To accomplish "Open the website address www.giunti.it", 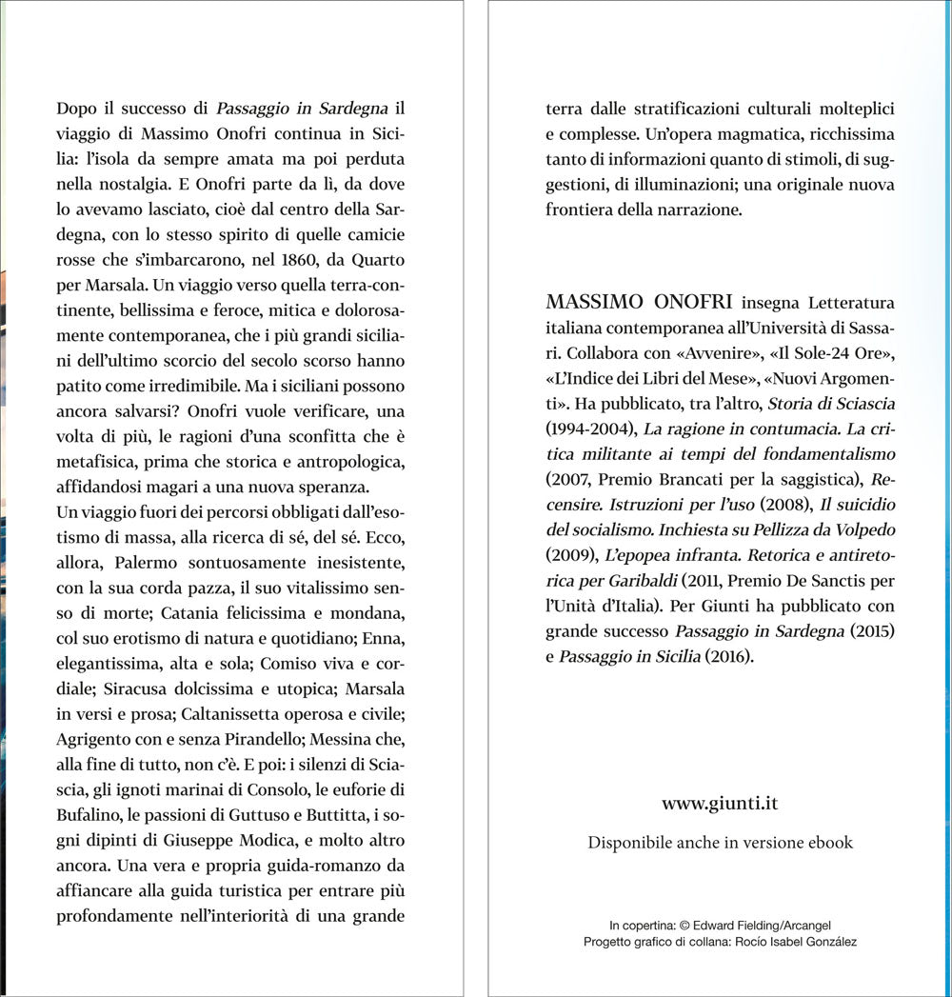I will (x=720, y=804).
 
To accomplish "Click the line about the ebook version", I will (x=720, y=843).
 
